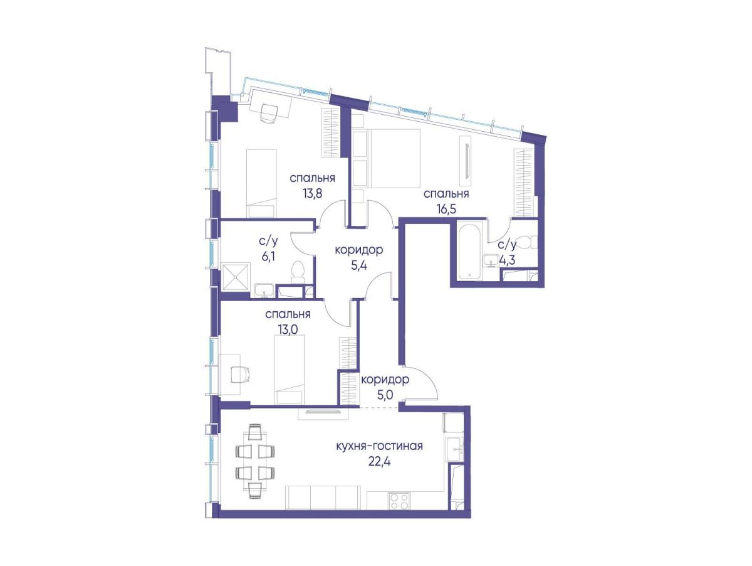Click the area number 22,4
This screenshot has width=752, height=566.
coord(380,461)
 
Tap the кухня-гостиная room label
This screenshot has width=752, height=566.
coord(380,446)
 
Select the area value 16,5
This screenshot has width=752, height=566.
coord(446,209)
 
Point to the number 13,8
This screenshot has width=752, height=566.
coord(312,194)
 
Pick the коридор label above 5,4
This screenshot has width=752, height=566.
coord(358,250)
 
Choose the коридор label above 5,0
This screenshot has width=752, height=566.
coord(385,380)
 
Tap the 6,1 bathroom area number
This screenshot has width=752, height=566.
coord(268,257)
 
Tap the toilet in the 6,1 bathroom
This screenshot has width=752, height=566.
coord(298,272)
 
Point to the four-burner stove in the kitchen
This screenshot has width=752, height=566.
coord(399,502)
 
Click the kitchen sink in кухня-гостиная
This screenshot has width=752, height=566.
coord(455,450)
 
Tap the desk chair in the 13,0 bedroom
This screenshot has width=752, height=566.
coord(240,373)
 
